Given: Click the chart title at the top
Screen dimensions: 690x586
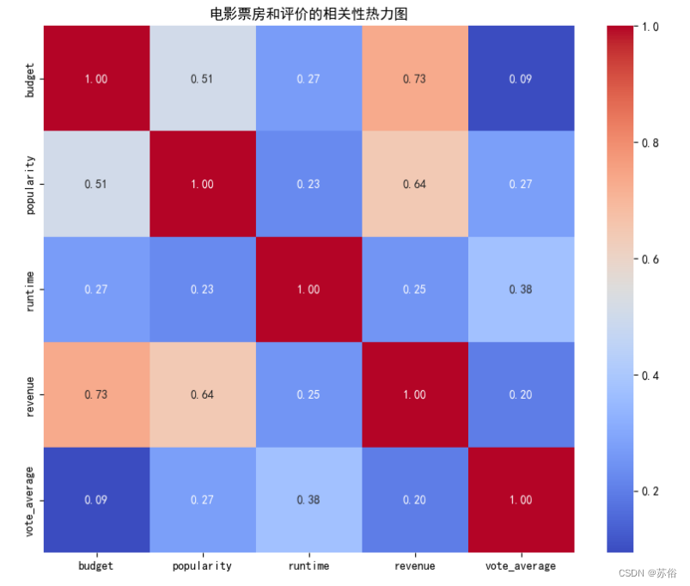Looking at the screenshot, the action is (308, 14).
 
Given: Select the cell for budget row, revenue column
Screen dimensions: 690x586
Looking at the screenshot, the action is (415, 78).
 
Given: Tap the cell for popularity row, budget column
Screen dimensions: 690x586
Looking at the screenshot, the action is (96, 184).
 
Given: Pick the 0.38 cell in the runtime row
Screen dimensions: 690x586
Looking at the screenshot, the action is (521, 290).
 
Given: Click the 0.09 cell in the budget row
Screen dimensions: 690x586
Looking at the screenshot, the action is (521, 78).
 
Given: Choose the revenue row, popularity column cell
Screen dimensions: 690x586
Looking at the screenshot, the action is (203, 394).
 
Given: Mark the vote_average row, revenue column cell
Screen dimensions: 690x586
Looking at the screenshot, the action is (415, 500).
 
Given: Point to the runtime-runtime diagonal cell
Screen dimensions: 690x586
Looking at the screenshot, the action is (309, 290).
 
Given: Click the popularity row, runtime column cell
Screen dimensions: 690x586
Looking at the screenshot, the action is (309, 184).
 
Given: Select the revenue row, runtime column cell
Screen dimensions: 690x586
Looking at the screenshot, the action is (309, 394).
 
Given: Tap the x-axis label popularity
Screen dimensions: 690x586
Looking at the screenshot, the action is (202, 566).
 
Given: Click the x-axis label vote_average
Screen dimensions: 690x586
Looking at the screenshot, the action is (521, 566).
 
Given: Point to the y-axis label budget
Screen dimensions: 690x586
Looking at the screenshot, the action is (29, 80).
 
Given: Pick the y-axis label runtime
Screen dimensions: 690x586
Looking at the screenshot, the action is (29, 291).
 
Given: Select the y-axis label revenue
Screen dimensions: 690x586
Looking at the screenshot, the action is (29, 396).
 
